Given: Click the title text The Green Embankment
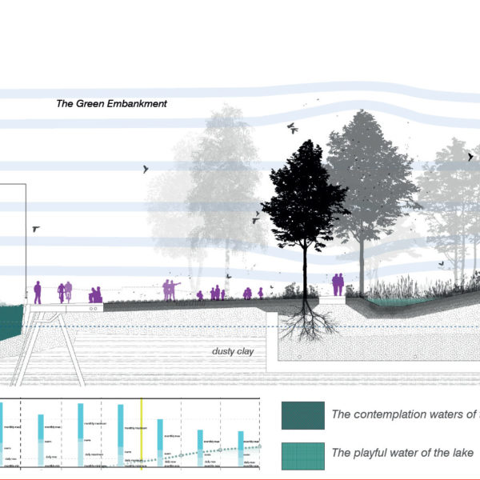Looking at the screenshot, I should tap(111, 103).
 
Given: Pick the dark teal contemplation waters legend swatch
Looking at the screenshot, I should tap(302, 415).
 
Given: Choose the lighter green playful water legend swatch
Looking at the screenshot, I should tap(302, 454).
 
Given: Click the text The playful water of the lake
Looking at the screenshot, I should tap(403, 454).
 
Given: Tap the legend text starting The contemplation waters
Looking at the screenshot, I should tap(405, 414).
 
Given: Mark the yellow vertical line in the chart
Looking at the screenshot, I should tap(142, 432).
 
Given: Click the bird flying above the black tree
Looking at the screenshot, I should tap(293, 127).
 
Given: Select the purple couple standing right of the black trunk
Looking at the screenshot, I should tap(338, 284).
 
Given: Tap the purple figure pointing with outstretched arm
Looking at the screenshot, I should tap(170, 289).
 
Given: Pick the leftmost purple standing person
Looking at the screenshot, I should tap(38, 292).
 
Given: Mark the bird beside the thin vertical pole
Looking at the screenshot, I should tap(36, 228).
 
